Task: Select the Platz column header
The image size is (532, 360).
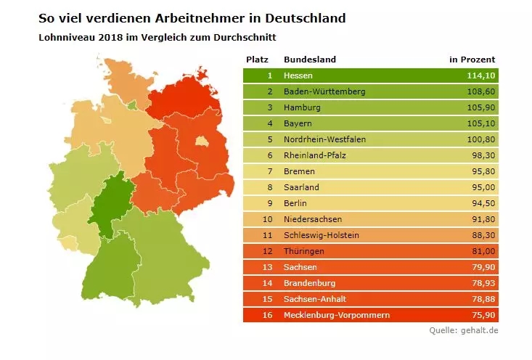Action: [x=258, y=59]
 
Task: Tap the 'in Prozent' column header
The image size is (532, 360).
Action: [x=472, y=59]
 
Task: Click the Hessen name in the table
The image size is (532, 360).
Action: [x=298, y=75]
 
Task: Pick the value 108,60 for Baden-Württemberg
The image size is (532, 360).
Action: [x=480, y=91]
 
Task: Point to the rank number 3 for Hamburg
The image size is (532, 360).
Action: [x=269, y=107]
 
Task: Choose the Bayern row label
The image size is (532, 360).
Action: [x=298, y=123]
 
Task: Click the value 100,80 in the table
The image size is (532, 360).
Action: [x=480, y=139]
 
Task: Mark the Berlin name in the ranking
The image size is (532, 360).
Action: [x=295, y=203]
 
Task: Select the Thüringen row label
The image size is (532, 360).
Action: [x=304, y=251]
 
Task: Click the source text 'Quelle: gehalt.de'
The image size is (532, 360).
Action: [x=462, y=331]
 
